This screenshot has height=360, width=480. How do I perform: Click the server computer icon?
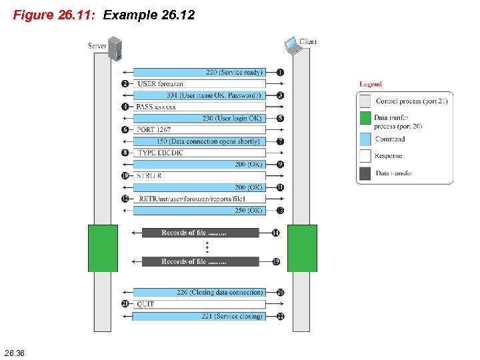(x=115, y=49)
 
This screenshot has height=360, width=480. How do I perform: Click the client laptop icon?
(x=292, y=45)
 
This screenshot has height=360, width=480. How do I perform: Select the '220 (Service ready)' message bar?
(x=200, y=72)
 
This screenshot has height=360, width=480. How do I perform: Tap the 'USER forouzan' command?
(x=160, y=84)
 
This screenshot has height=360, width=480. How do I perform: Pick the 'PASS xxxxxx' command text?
(x=156, y=107)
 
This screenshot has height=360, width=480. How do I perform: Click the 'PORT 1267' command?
(x=154, y=130)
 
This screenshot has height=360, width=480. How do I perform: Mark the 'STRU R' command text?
(x=149, y=176)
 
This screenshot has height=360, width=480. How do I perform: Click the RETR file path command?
(x=192, y=199)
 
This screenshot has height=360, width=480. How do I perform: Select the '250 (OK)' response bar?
(x=200, y=211)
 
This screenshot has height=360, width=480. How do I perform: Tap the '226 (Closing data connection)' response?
(x=200, y=293)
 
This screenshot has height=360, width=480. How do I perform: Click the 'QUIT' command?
(x=145, y=304)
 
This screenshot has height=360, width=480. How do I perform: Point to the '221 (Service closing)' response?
(x=200, y=316)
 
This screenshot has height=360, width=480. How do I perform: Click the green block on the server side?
(x=103, y=248)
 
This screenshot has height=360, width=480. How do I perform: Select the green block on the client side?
(x=302, y=248)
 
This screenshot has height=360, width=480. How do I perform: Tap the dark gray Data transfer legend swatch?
(x=365, y=173)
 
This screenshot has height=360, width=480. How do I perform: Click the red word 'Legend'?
(x=371, y=84)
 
